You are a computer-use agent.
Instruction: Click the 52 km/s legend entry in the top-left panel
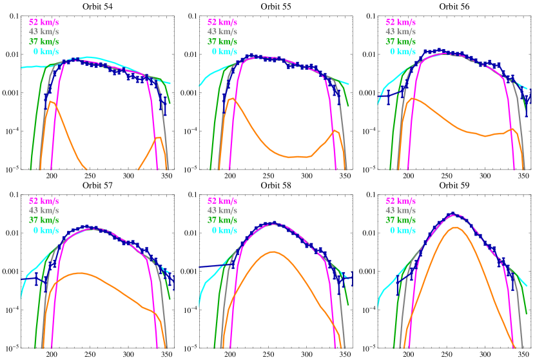[44, 22]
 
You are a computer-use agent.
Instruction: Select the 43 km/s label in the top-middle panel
[222, 32]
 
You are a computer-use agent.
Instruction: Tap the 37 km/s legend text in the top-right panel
[400, 41]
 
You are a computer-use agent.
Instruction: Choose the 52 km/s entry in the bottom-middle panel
[222, 201]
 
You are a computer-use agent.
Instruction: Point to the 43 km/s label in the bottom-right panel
[400, 210]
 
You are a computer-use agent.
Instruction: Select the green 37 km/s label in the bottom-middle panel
[222, 220]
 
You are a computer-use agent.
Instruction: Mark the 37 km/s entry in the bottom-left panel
[44, 220]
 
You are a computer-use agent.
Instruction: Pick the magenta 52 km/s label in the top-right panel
[400, 22]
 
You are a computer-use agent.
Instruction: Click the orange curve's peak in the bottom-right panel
[456, 227]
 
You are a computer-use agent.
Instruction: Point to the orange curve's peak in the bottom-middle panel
[273, 252]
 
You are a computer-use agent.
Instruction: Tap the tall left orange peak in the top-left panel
[52, 102]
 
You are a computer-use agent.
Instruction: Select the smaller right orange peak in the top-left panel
[157, 137]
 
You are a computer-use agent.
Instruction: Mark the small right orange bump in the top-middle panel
[333, 131]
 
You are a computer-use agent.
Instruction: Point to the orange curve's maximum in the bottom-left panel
[80, 273]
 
